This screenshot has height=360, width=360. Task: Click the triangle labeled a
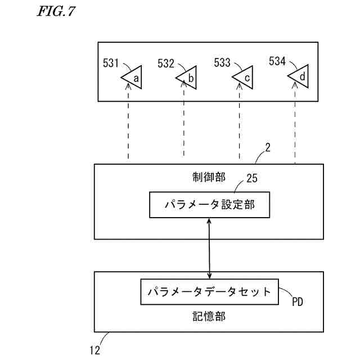pyautogui.click(x=132, y=78)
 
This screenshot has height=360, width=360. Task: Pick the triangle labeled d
pyautogui.click(x=299, y=76)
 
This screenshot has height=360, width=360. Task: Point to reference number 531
pyautogui.click(x=112, y=62)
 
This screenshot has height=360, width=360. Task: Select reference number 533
pyautogui.click(x=223, y=63)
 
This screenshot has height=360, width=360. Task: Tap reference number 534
pyautogui.click(x=278, y=60)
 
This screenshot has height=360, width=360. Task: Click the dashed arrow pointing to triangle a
pyautogui.click(x=129, y=124)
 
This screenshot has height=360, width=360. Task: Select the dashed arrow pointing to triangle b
pyautogui.click(x=184, y=124)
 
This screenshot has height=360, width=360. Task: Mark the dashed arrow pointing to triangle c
pyautogui.click(x=240, y=124)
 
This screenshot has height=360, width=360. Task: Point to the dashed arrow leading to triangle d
pyautogui.click(x=295, y=124)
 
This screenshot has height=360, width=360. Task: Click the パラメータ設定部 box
pyautogui.click(x=209, y=205)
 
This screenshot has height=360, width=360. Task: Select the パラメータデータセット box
pyautogui.click(x=209, y=292)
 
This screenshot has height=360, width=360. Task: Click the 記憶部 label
pyautogui.click(x=209, y=317)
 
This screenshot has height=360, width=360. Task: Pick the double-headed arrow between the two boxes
pyautogui.click(x=210, y=249)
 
